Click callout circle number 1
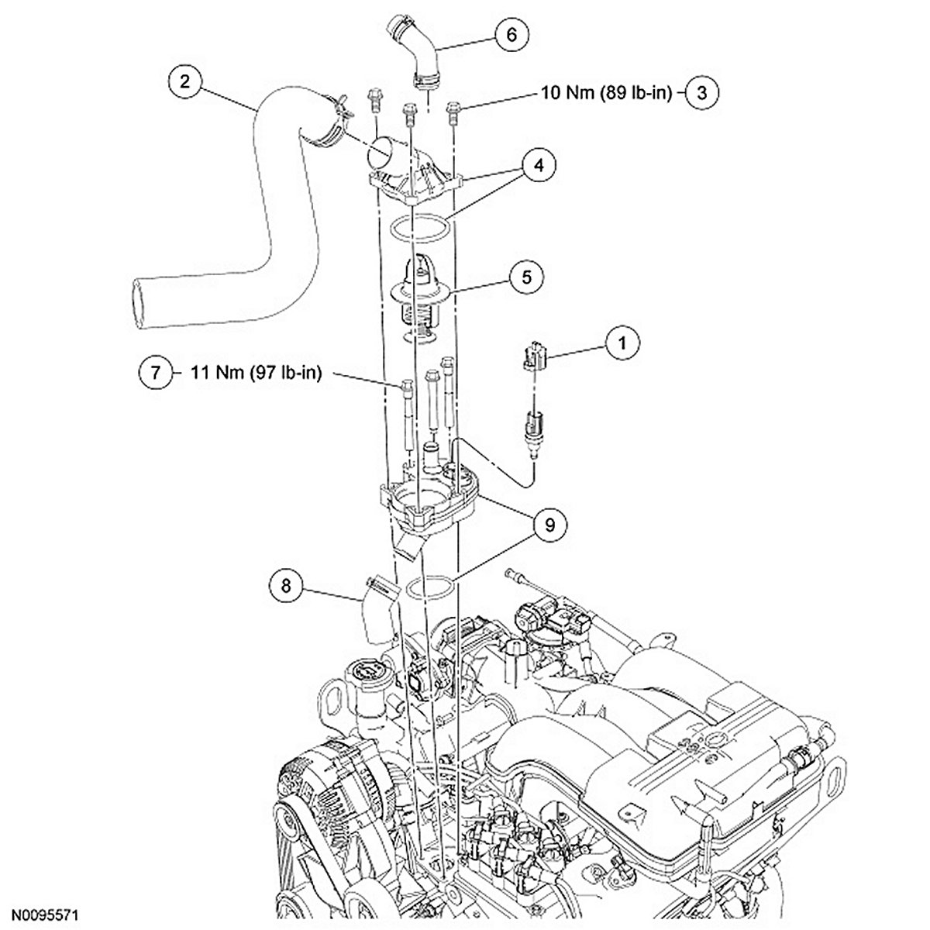pyautogui.click(x=622, y=343)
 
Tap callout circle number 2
pyautogui.click(x=185, y=81)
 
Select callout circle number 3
pyautogui.click(x=701, y=92)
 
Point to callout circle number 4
pyautogui.click(x=539, y=166)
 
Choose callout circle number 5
pyautogui.click(x=527, y=277)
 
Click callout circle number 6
pyautogui.click(x=512, y=34)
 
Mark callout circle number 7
pyautogui.click(x=156, y=373)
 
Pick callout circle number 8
pyautogui.click(x=286, y=586)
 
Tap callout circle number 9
pyautogui.click(x=550, y=525)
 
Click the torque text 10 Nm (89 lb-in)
pyautogui.click(x=606, y=92)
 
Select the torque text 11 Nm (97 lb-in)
pyautogui.click(x=257, y=373)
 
